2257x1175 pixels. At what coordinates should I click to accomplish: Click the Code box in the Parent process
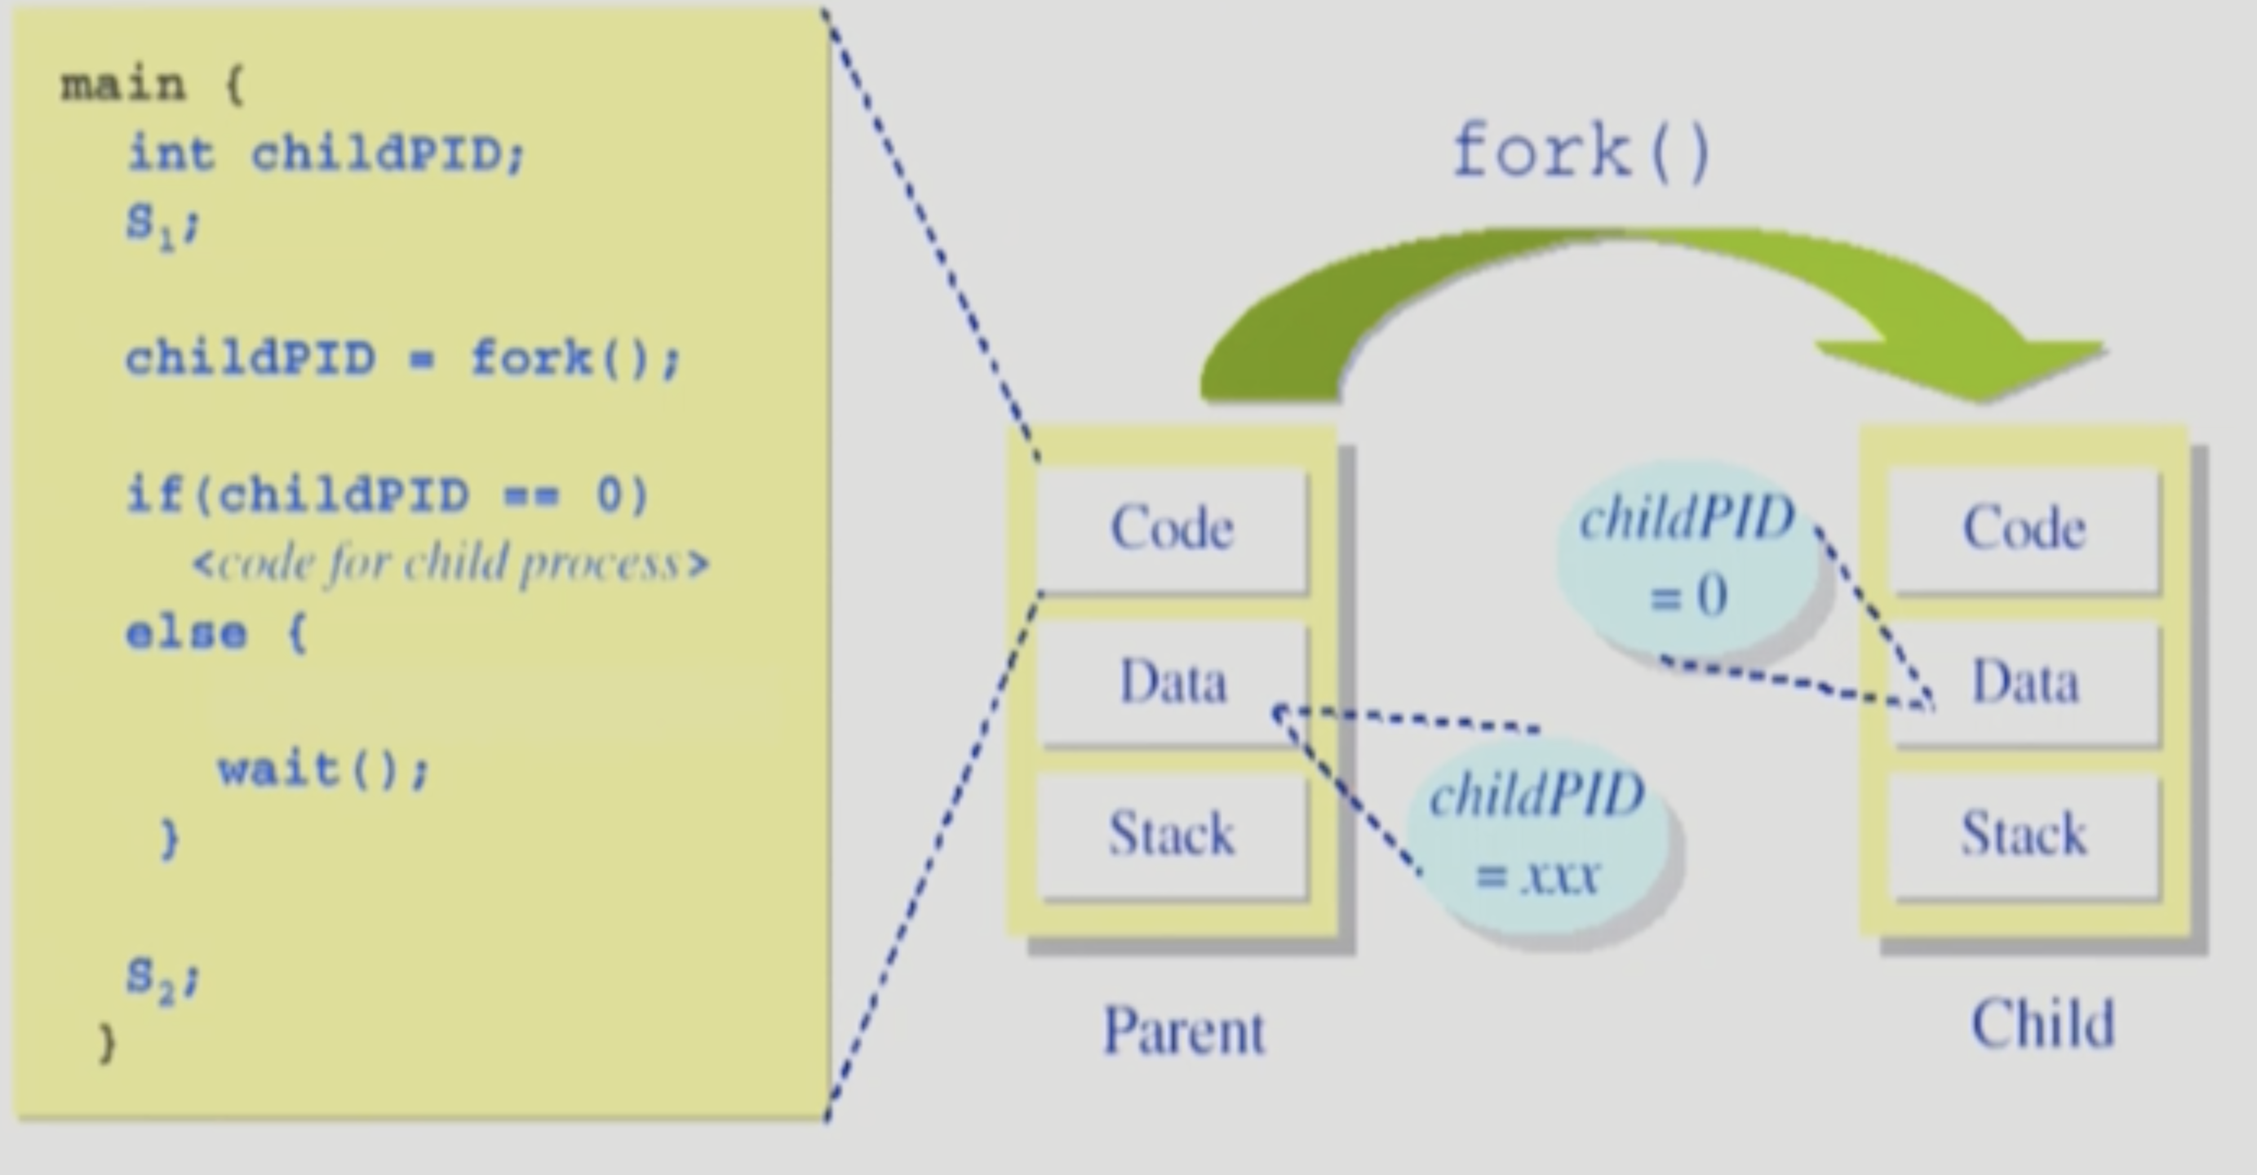pyautogui.click(x=1172, y=530)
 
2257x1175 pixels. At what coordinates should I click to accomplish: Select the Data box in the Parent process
pyautogui.click(x=1172, y=681)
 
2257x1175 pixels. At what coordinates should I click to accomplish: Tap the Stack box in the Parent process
pyautogui.click(x=1172, y=834)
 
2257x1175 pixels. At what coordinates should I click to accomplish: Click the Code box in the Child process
pyautogui.click(x=2024, y=530)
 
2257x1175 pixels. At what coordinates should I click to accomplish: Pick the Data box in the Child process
pyautogui.click(x=2024, y=681)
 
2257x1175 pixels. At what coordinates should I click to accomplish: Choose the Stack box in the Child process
pyautogui.click(x=2024, y=834)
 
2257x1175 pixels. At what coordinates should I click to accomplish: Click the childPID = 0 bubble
pyautogui.click(x=1687, y=556)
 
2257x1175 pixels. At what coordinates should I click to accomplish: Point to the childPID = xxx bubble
pyautogui.click(x=1537, y=837)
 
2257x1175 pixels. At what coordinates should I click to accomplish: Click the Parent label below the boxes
pyautogui.click(x=1183, y=1031)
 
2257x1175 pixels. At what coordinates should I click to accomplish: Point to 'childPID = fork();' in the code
pyautogui.click(x=403, y=359)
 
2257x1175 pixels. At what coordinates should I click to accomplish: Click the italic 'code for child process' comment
pyautogui.click(x=450, y=563)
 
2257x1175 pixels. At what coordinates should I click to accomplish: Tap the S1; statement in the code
pyautogui.click(x=163, y=224)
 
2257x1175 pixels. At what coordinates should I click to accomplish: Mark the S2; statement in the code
pyautogui.click(x=163, y=978)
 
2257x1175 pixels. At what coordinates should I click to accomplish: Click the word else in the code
pyautogui.click(x=186, y=632)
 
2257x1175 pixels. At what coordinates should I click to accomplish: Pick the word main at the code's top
pyautogui.click(x=122, y=86)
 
